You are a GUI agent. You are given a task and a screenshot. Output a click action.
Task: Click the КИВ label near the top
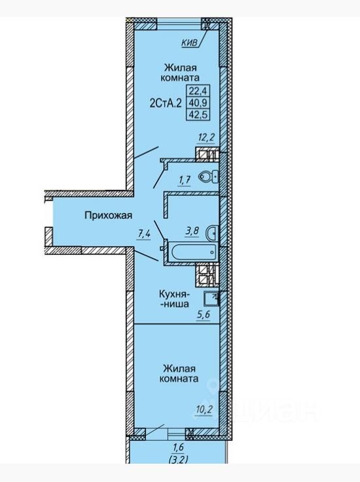coord(190,43)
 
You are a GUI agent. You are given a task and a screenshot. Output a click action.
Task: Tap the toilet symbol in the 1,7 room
coord(209,176)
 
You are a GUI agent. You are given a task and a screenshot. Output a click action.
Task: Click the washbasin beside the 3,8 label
coord(213,232)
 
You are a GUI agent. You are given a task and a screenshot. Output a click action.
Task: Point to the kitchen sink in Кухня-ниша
coord(211,298)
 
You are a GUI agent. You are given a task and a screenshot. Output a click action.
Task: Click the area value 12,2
coord(206,138)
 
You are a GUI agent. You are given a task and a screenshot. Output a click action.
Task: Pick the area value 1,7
coord(185,180)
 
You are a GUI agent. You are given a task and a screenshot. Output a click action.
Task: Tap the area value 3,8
coord(192,231)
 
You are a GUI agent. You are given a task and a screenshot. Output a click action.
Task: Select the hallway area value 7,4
coord(144,234)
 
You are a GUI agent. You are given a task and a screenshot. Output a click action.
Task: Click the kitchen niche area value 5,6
coord(203,316)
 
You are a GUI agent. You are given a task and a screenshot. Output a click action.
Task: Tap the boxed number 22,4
coord(198,90)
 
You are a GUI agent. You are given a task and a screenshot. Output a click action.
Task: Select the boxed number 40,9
coord(198,102)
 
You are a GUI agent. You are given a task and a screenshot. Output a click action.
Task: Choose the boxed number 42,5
coord(198,115)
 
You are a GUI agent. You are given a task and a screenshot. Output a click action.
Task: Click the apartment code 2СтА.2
coord(166,103)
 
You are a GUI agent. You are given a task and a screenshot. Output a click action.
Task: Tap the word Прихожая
coord(109,215)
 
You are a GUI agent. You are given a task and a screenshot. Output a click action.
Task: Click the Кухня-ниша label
coord(175,299)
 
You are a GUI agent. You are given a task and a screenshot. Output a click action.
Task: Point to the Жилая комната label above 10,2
coord(179,373)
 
